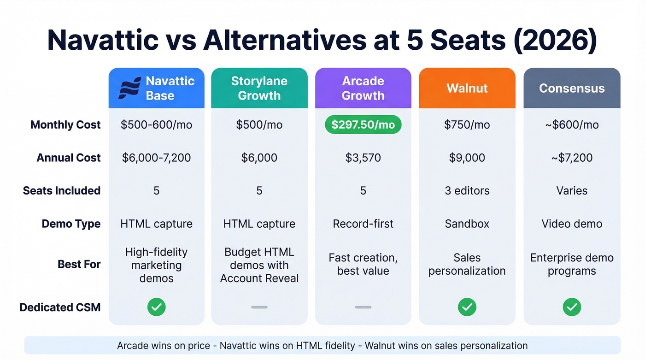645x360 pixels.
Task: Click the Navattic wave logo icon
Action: click(130, 88)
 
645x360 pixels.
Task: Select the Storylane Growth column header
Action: click(259, 88)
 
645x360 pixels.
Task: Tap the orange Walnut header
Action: click(467, 88)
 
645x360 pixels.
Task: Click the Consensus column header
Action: click(572, 88)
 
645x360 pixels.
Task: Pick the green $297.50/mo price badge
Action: click(363, 125)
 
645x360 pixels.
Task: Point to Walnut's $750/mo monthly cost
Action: click(467, 125)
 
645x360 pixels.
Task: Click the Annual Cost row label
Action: click(69, 158)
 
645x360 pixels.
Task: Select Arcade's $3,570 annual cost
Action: click(363, 158)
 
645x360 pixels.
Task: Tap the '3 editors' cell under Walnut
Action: click(467, 191)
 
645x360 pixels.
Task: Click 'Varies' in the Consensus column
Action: click(572, 191)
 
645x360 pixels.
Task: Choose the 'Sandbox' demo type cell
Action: click(467, 224)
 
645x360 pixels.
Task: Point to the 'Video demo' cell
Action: click(572, 224)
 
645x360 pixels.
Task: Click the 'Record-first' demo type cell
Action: click(363, 224)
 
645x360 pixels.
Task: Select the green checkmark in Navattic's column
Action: click(156, 307)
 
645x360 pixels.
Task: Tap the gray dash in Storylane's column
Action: click(259, 307)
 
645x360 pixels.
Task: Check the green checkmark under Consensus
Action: click(572, 307)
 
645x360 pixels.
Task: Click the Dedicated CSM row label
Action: click(60, 307)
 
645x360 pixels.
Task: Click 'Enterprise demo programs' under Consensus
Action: click(572, 264)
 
